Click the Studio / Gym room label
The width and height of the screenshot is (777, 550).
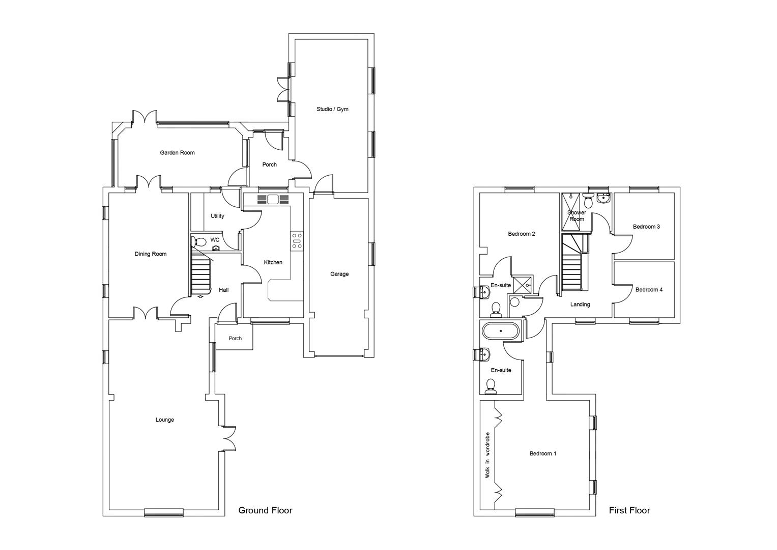(332, 109)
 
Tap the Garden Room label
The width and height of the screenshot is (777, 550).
(177, 153)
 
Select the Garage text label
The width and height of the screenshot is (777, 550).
(339, 274)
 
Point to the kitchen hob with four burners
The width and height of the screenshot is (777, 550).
(297, 241)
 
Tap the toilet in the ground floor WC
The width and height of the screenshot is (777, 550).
(199, 242)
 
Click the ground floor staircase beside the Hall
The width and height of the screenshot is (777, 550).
(200, 274)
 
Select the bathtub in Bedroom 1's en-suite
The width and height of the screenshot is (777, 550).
(501, 332)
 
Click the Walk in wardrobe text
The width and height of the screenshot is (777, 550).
(487, 455)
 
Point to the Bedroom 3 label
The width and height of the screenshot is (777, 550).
(646, 227)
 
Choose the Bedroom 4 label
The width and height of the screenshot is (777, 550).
(649, 290)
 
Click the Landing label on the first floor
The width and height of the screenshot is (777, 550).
(580, 305)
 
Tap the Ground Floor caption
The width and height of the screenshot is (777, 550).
(265, 510)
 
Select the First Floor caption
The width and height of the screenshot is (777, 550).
(629, 510)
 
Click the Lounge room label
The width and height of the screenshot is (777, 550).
(164, 420)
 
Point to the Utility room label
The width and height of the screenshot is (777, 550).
(217, 216)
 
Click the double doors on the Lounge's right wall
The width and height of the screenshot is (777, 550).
(229, 438)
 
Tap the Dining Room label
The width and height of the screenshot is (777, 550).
(151, 254)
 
